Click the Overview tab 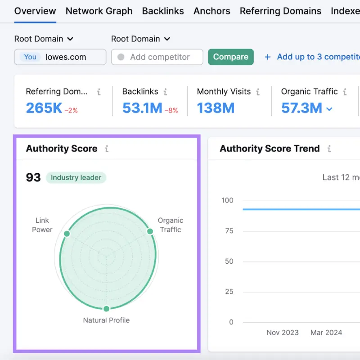point(35,11)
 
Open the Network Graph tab point(99,11)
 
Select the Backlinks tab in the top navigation point(163,11)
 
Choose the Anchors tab point(212,11)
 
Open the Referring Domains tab point(280,11)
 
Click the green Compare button point(230,57)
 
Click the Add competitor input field point(160,57)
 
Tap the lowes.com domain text point(66,57)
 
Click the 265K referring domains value point(44,108)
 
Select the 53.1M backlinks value point(142,108)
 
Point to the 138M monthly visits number point(216,108)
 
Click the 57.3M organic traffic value point(301,108)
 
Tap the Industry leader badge point(76,177)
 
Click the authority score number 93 point(33,177)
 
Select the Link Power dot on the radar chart point(67,234)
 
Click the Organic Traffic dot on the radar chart point(150,231)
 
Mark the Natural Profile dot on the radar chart point(106,309)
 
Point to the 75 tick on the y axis point(229,231)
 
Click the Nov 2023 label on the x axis point(283,333)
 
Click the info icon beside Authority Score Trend point(329,149)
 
